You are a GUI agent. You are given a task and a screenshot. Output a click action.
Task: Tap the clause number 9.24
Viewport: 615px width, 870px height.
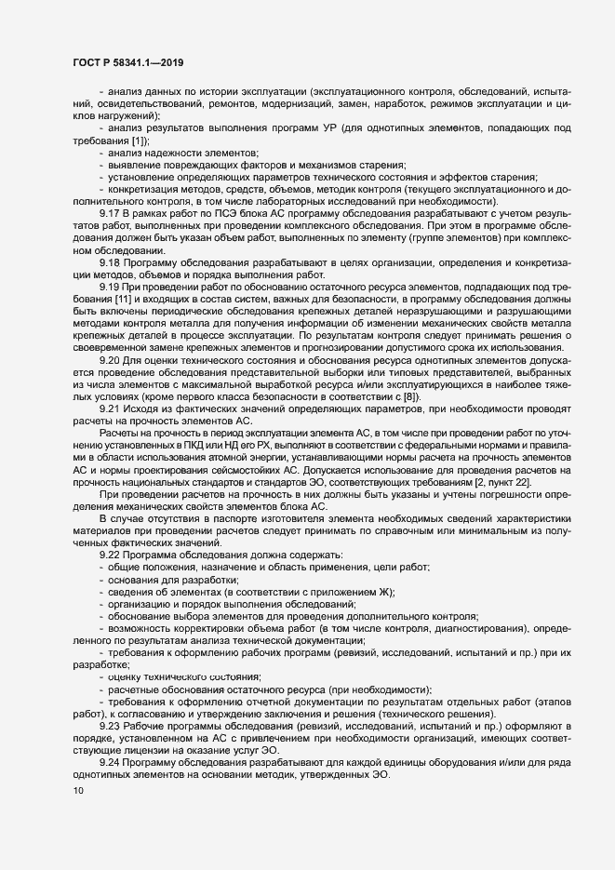pyautogui.click(x=111, y=762)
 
